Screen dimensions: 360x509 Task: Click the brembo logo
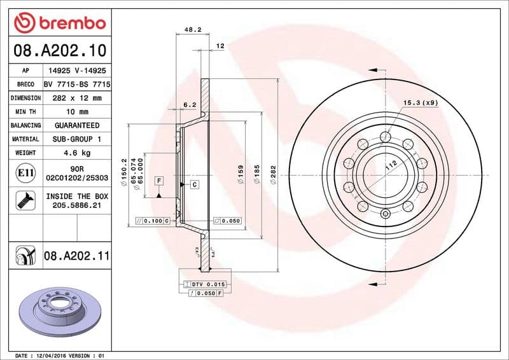point(59,23)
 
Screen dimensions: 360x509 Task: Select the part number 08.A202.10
point(58,50)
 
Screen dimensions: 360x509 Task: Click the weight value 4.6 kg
point(77,153)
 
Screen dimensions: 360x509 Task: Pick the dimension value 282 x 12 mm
point(77,98)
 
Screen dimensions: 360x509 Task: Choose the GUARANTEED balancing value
point(77,125)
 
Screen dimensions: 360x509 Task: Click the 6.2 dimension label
point(189,104)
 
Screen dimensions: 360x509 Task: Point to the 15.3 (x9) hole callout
point(420,102)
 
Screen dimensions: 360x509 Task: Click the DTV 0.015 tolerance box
point(204,284)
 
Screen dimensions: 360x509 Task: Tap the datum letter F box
point(158,181)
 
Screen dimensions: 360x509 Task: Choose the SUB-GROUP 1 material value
point(77,139)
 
